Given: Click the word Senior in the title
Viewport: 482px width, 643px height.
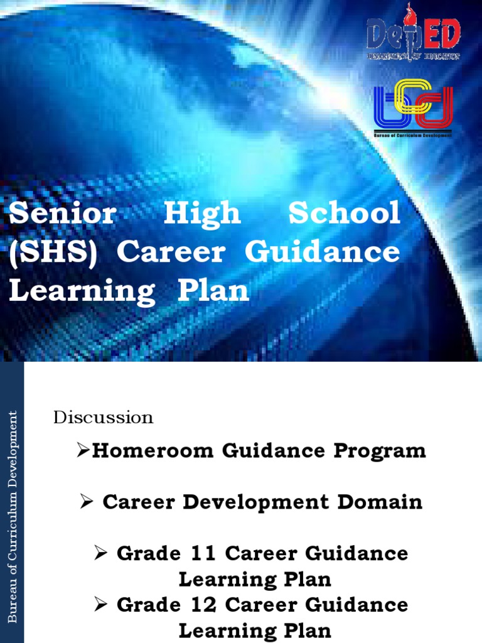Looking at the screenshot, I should tap(63, 213).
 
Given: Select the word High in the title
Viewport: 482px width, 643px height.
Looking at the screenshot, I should tap(202, 215).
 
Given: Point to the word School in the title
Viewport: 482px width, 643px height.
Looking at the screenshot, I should tap(344, 213).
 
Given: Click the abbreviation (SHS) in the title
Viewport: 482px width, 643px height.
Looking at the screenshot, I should tap(53, 252).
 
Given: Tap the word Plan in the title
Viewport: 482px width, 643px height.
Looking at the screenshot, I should tap(214, 291).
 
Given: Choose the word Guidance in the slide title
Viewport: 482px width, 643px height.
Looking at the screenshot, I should tap(322, 252).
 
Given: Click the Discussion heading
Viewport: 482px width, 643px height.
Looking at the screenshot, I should tap(104, 418).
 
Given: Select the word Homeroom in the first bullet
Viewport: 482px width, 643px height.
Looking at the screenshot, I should tap(147, 451).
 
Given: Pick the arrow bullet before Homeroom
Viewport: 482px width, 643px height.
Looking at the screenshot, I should tap(83, 450).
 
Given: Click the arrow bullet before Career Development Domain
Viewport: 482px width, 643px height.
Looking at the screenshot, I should tap(87, 502).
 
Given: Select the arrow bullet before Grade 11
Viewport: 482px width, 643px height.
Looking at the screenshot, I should tap(101, 553).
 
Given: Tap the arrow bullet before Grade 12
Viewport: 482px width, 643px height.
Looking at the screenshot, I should tap(101, 605).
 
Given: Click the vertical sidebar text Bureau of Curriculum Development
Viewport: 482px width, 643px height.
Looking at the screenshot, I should tap(12, 515).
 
